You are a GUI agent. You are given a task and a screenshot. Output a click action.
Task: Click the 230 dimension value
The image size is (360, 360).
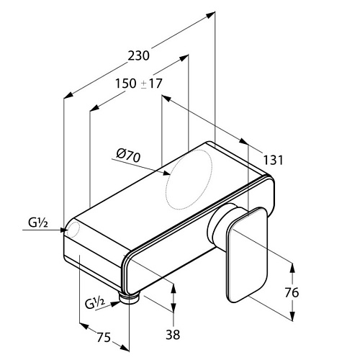[138, 55]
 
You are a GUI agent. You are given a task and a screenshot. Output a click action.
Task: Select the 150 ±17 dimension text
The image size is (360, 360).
[139, 84]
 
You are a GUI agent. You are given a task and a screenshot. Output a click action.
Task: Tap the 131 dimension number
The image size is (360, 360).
[274, 160]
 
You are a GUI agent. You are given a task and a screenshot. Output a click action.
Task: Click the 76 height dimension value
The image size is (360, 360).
[292, 292]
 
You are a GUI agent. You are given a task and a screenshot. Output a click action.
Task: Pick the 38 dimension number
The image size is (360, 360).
[173, 334]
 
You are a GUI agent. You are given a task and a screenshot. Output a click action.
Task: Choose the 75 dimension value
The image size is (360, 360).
[104, 337]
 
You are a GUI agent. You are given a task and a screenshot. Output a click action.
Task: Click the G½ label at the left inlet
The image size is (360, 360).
[38, 223]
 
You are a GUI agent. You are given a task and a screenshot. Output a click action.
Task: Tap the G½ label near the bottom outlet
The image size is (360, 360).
[95, 303]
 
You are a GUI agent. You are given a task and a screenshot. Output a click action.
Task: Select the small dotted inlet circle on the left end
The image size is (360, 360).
[73, 230]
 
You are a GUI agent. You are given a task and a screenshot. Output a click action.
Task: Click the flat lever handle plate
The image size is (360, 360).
[246, 254]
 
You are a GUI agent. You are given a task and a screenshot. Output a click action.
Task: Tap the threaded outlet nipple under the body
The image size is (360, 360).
[129, 299]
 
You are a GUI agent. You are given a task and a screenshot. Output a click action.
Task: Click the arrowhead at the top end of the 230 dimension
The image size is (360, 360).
[210, 15]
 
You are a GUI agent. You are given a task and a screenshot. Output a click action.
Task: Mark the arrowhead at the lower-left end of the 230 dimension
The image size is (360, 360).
[68, 95]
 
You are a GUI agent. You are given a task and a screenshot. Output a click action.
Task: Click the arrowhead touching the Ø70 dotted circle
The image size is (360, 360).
[166, 173]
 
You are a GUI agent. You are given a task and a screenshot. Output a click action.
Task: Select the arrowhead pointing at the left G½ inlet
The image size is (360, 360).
[63, 230]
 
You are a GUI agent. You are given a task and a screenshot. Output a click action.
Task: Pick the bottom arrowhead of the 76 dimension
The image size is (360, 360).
[292, 316]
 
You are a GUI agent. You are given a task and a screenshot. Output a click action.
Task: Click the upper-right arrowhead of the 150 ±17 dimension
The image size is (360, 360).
[184, 58]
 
